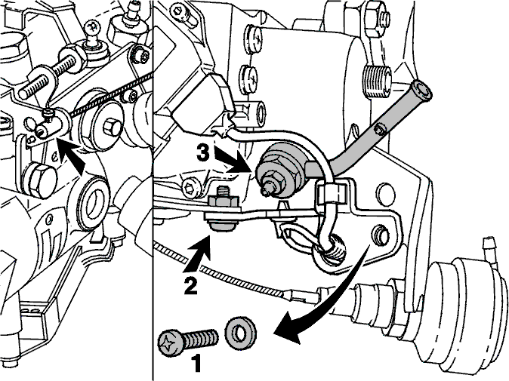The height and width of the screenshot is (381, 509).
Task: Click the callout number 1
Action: coord(196,364)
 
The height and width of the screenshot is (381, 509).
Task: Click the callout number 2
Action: coord(190,284)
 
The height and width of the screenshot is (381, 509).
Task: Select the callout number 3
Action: coord(204,152)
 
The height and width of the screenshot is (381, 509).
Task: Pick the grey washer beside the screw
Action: coord(240,333)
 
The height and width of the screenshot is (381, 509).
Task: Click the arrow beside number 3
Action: coord(232,160)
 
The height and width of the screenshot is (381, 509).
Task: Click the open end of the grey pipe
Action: coord(421,90)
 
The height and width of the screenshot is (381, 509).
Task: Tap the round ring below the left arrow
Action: coord(94,203)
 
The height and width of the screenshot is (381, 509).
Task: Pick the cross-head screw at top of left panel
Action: coord(91,28)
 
